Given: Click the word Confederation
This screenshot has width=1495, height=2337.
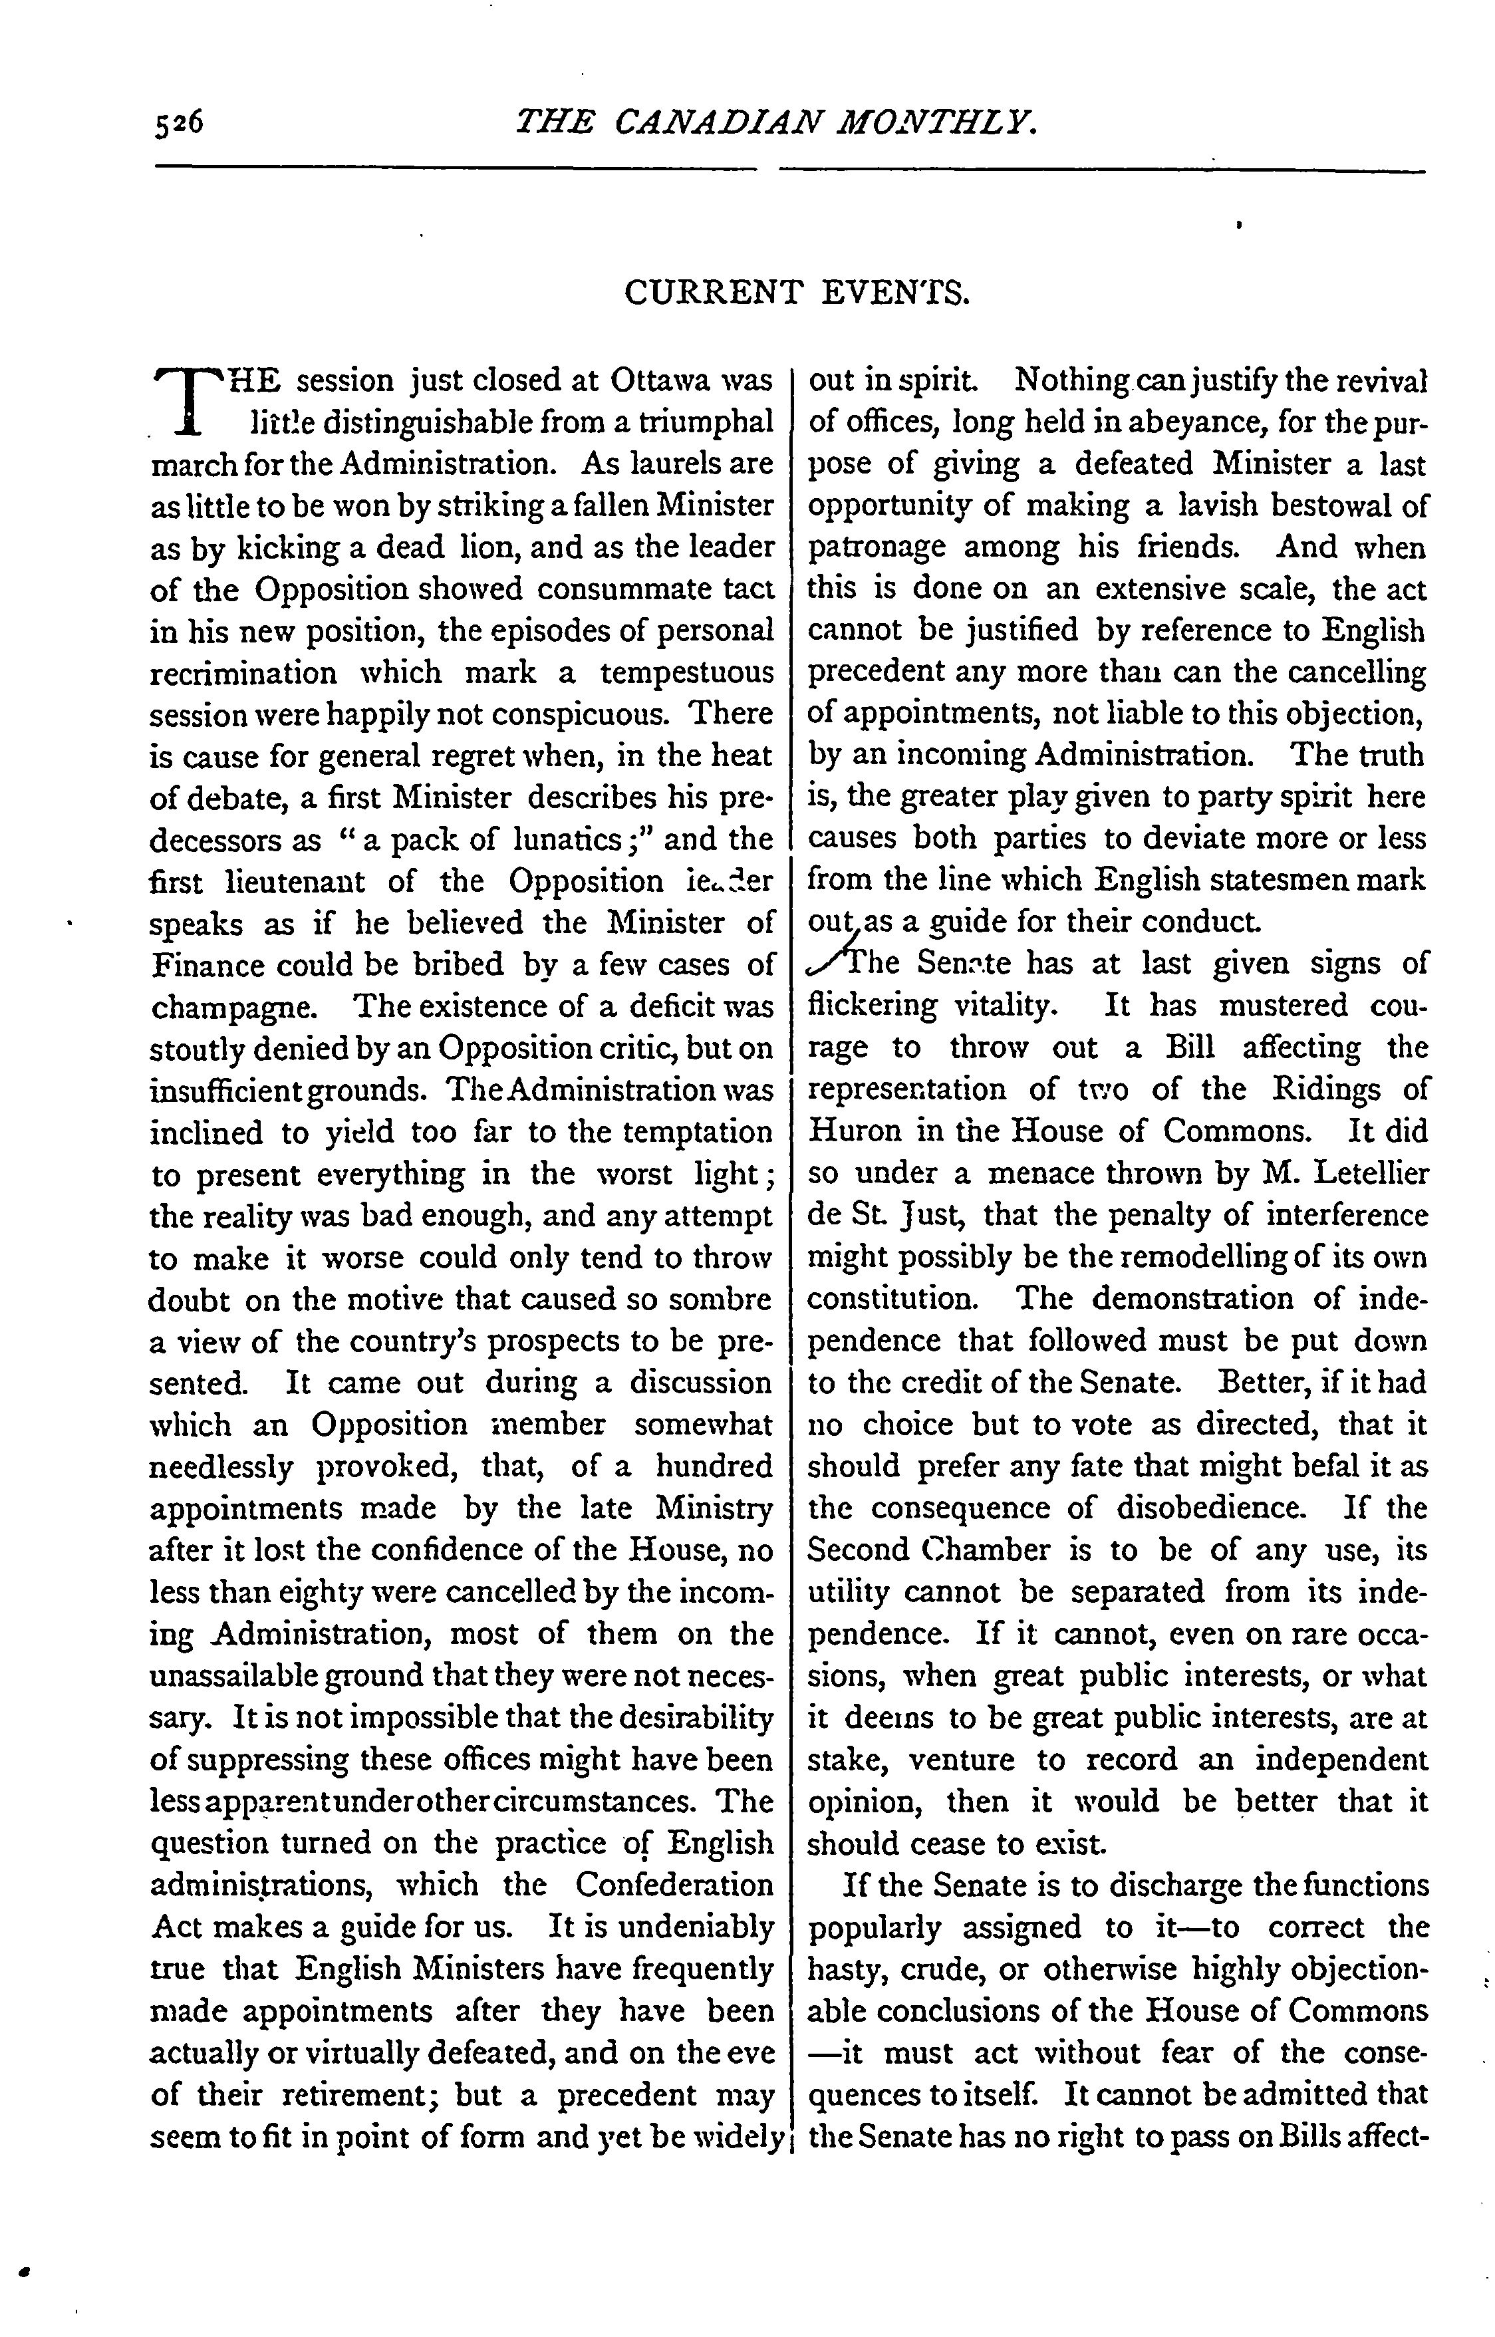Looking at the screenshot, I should click(675, 1885).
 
